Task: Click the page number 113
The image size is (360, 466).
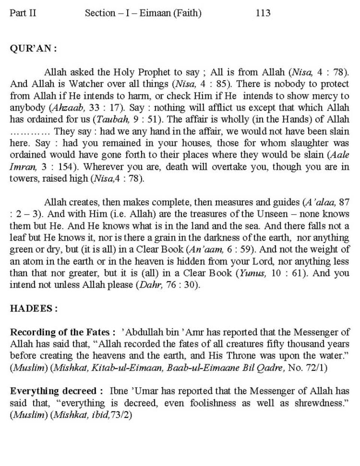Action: [x=263, y=13]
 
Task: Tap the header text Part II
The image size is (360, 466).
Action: [x=23, y=13]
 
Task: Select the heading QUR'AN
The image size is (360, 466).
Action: [x=33, y=49]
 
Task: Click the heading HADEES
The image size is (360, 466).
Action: [x=33, y=308]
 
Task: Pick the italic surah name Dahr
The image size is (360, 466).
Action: [x=148, y=285]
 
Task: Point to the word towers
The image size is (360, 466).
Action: [x=22, y=179]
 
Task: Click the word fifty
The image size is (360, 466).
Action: [x=272, y=344]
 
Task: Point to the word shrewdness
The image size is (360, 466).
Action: [x=317, y=403]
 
